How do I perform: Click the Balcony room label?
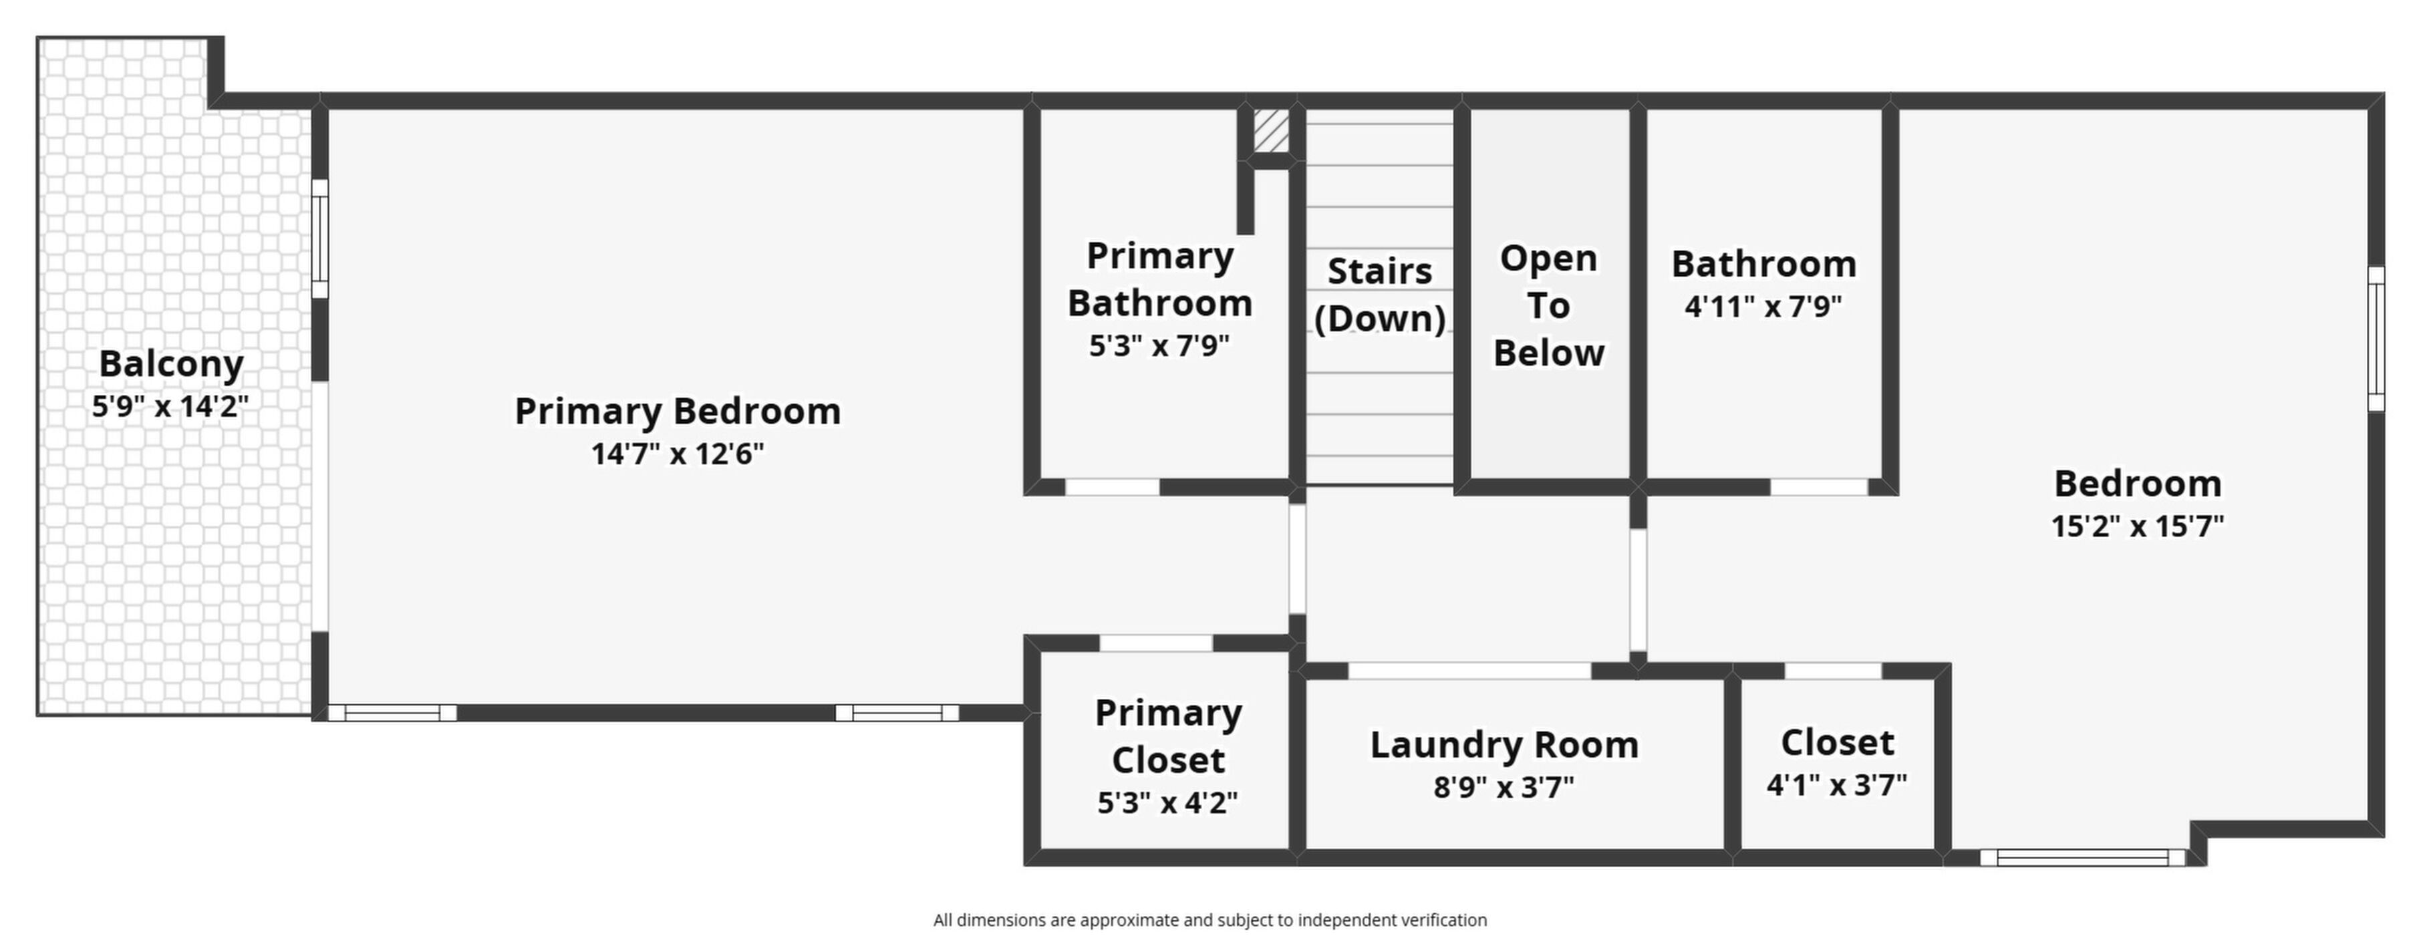coord(171,363)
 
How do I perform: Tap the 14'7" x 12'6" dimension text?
coord(678,454)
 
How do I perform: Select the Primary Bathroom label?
coord(1160,279)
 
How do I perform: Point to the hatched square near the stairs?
coord(1272,131)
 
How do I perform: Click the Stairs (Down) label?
coord(1380,294)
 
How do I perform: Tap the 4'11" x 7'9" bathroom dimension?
coord(1763,307)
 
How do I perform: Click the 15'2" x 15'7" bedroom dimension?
coord(2137,525)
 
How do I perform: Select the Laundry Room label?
coord(1504,744)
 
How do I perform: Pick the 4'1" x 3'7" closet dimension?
coord(1836,785)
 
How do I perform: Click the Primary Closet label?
coord(1168,736)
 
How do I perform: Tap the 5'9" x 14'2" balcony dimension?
coord(170,406)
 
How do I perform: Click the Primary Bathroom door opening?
coord(1112,487)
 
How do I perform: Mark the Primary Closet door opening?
coord(1156,643)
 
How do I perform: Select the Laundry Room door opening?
coord(1470,670)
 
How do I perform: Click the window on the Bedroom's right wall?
coord(2376,338)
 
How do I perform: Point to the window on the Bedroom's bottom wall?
coord(2082,857)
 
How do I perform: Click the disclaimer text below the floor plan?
coord(1209,920)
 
